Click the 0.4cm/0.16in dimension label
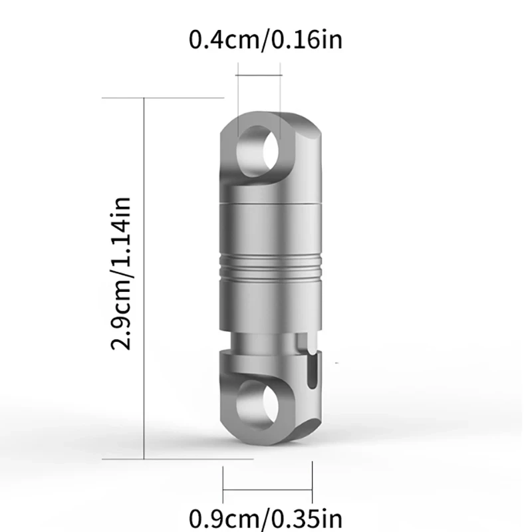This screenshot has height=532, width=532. click(x=266, y=41)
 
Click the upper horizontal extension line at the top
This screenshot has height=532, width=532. click(x=163, y=98)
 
